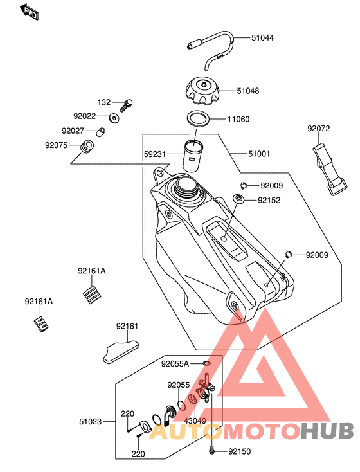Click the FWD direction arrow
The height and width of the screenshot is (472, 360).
tap(29, 12)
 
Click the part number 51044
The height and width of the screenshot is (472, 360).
tap(262, 38)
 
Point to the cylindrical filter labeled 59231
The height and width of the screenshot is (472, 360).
tap(193, 156)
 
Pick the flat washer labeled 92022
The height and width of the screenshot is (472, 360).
tap(114, 118)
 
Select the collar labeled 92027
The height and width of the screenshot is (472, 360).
tap(101, 132)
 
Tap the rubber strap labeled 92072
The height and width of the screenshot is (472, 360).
tap(330, 170)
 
